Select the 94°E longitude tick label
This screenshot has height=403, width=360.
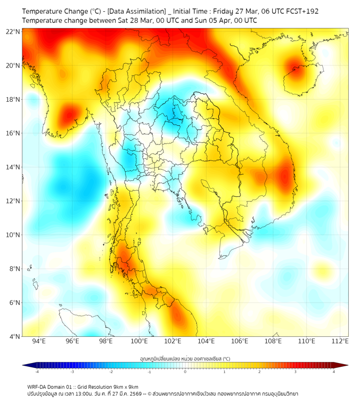tap(39, 341)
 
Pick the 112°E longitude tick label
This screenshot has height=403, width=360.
tap(340, 341)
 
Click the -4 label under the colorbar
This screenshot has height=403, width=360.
tap(37, 372)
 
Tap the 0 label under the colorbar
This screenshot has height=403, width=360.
tap(185, 372)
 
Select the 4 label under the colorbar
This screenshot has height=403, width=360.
tap(334, 372)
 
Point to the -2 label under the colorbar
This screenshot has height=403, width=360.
tap(111, 372)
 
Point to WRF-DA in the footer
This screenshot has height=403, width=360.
tap(39, 386)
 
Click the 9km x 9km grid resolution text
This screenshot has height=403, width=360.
tap(123, 386)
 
